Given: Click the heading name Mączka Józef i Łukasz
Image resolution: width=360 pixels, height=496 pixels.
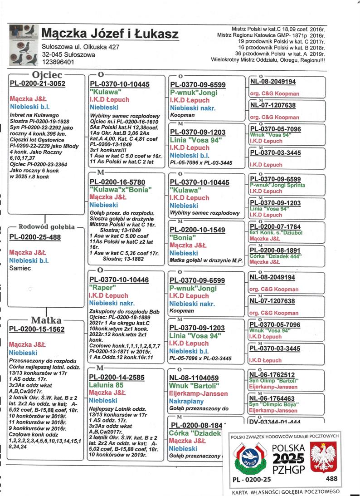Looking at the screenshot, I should [x=110, y=34].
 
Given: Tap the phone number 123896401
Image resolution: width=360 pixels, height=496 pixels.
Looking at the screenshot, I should [x=58, y=62].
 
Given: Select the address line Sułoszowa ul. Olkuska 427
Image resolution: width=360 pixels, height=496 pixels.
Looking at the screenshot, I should [x=80, y=47].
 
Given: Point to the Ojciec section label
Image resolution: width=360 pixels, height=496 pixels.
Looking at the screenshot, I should [x=48, y=75].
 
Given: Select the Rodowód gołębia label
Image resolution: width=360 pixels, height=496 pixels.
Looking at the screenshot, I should [x=47, y=227].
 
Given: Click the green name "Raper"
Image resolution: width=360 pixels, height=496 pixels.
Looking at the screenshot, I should [x=101, y=288].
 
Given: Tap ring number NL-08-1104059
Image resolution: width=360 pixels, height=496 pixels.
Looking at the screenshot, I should [x=194, y=378].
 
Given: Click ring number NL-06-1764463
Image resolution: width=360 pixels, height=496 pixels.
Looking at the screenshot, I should [x=272, y=398].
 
